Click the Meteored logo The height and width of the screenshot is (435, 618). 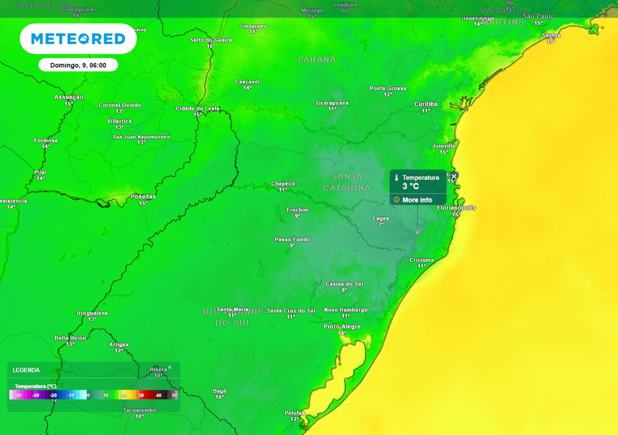click(x=78, y=39)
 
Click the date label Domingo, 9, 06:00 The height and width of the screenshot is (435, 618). click(x=78, y=65)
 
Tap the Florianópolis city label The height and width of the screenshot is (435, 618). click(x=456, y=208)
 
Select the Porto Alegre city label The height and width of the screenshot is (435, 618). click(x=342, y=326)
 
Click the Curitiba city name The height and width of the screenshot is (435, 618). click(x=425, y=104)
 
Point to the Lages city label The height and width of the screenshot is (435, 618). click(x=381, y=218)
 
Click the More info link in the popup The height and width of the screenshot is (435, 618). click(x=417, y=200)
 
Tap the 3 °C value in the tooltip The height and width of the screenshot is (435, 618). click(x=411, y=187)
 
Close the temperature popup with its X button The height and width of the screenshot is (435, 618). click(x=454, y=176)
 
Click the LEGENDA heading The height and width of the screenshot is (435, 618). click(x=26, y=370)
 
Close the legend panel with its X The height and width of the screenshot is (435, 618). click(x=170, y=367)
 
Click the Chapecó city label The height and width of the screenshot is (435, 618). click(x=282, y=183)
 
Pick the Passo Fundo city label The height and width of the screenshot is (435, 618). click(x=292, y=239)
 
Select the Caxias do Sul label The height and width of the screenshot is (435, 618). click(x=344, y=284)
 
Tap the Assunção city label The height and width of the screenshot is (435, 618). click(x=69, y=97)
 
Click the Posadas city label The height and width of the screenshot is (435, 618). click(x=143, y=196)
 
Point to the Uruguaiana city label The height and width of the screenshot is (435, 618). click(x=92, y=313)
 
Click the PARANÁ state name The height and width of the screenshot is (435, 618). click(x=317, y=60)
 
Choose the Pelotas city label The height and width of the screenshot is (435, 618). click(x=295, y=413)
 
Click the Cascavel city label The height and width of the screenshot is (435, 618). click(x=247, y=82)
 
